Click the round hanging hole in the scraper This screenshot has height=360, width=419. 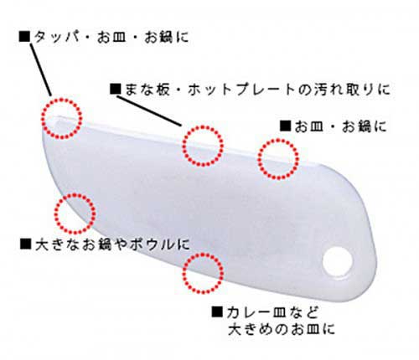[338, 261]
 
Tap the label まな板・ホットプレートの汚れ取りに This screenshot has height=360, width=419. [257, 90]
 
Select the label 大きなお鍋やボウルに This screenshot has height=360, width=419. [112, 244]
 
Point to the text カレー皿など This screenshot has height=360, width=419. [273, 312]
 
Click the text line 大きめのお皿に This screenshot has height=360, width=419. [282, 329]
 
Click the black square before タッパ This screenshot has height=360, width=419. [24, 37]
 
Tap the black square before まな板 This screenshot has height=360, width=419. [116, 89]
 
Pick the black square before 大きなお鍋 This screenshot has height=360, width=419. [25, 244]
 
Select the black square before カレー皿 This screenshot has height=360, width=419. [217, 311]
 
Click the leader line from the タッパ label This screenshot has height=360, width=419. [40, 69]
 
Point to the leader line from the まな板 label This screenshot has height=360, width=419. [149, 111]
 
